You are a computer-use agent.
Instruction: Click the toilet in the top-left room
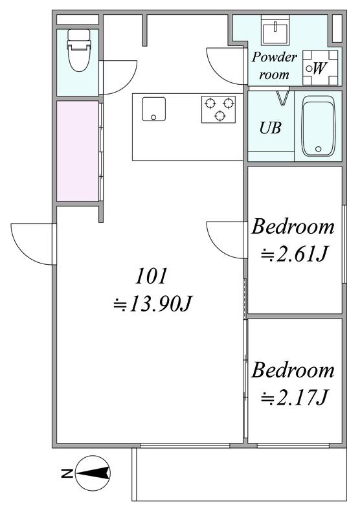[x=79, y=50]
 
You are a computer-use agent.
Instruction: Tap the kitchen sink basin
[x=154, y=109]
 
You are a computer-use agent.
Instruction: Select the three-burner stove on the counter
[x=219, y=109]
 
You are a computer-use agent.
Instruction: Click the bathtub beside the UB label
[x=318, y=126]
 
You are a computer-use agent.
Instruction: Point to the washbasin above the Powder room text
[x=275, y=30]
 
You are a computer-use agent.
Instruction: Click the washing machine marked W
[x=321, y=68]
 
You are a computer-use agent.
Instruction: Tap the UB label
[x=270, y=128]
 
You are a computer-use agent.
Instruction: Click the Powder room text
[x=274, y=66]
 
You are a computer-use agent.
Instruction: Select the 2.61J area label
[x=294, y=254]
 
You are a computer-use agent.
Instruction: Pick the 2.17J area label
[x=294, y=397]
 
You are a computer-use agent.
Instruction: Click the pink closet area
[x=78, y=151]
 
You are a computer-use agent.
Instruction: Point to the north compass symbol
[x=93, y=473]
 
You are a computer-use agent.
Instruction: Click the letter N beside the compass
[x=67, y=473]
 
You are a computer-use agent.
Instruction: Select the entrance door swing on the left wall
[x=32, y=244]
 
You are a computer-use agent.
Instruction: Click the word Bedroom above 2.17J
[x=293, y=370]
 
